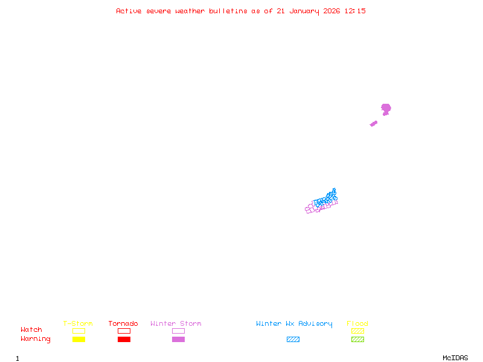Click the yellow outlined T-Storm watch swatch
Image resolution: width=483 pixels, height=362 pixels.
tap(78, 331)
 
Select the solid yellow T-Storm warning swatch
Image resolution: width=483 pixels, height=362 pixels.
tap(78, 339)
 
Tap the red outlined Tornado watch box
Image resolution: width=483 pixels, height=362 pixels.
tap(124, 331)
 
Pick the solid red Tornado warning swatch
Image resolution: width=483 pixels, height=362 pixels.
tap(124, 339)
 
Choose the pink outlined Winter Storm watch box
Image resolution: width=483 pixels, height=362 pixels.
tap(178, 331)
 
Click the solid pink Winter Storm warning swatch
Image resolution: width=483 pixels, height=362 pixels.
tap(178, 339)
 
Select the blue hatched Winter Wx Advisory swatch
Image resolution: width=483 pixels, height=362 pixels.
tap(293, 339)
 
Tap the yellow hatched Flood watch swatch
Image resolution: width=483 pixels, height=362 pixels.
tap(357, 331)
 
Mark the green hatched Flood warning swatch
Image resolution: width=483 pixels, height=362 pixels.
tap(357, 339)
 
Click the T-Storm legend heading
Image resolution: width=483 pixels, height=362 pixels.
tap(78, 323)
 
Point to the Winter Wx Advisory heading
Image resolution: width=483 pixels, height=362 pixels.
tap(294, 323)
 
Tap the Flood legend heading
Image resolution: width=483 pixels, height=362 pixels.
tap(357, 323)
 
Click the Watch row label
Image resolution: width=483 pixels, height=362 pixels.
tap(31, 330)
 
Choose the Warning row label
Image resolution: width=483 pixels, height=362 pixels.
tap(36, 339)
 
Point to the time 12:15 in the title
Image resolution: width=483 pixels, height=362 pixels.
tap(355, 11)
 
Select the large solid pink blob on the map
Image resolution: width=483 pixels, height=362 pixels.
tap(386, 109)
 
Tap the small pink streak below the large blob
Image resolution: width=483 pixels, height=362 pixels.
tap(374, 124)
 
